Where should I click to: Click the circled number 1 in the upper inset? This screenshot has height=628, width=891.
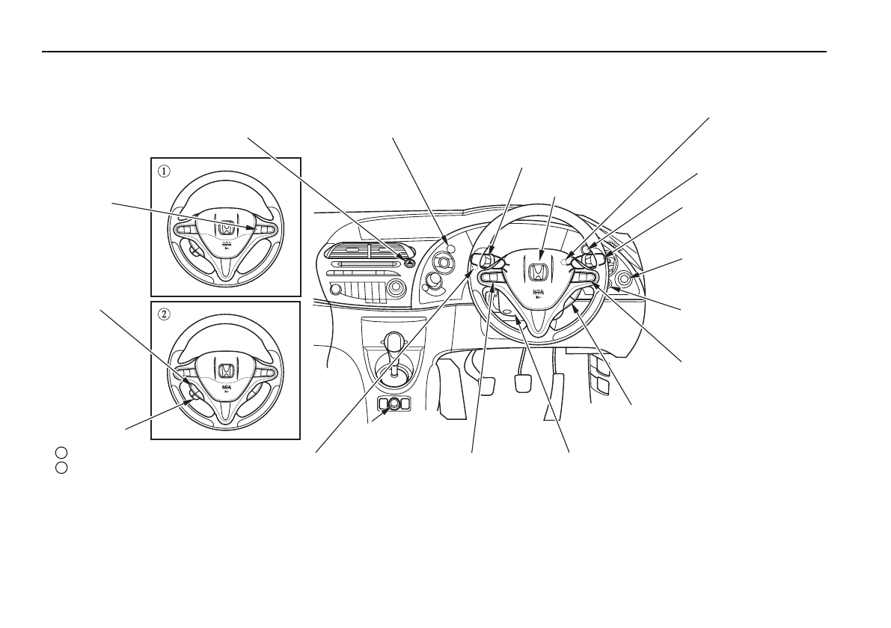[x=164, y=170]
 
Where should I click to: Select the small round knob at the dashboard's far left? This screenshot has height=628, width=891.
[x=335, y=289]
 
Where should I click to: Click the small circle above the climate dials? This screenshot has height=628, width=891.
[x=450, y=247]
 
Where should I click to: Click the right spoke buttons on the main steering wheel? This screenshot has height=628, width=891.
[x=584, y=279]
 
